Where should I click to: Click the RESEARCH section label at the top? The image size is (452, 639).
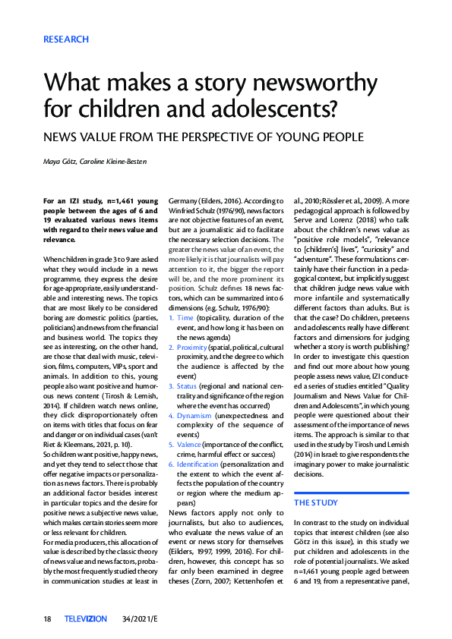[x=66, y=39]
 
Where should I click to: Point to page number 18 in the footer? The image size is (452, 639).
[x=47, y=619]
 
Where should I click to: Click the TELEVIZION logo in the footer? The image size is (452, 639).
[x=86, y=619]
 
